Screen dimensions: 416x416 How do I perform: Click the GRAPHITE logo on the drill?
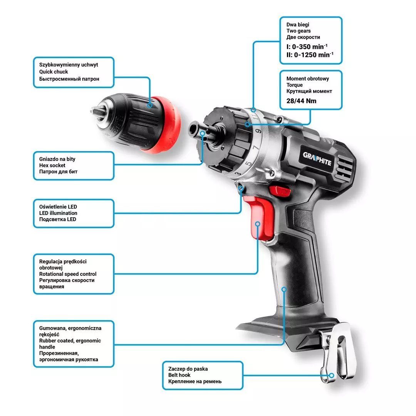317,158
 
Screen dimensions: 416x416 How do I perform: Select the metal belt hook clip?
337,352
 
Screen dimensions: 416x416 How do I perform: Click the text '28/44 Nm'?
301,101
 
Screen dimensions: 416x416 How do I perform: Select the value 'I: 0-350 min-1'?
307,47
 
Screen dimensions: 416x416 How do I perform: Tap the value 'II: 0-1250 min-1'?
310,55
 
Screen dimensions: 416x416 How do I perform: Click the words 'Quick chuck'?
53,72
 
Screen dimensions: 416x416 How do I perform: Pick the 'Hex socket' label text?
52,165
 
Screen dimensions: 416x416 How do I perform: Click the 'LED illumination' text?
58,213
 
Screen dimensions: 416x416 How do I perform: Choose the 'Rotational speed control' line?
68,274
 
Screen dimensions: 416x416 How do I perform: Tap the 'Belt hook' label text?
179,375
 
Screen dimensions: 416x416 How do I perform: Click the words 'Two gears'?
298,31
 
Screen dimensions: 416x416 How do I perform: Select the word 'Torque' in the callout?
294,85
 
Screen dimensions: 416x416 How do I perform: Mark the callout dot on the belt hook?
331,376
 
